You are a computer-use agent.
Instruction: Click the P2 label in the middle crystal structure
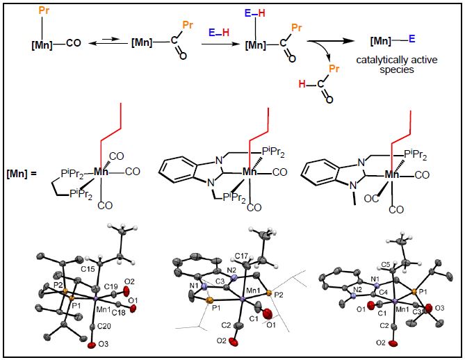(279, 295)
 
